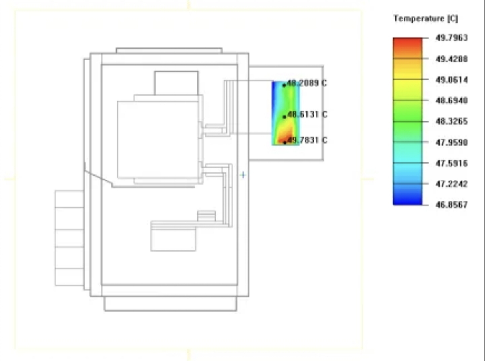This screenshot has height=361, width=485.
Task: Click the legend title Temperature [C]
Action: (426, 19)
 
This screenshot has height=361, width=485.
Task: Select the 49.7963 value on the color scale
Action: (452, 38)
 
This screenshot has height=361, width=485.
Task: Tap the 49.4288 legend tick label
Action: (452, 59)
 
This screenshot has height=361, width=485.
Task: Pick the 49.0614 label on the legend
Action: (452, 80)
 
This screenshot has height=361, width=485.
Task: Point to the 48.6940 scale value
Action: (452, 101)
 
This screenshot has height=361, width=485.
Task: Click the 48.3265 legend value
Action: (452, 121)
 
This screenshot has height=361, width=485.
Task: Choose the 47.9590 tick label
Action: (452, 142)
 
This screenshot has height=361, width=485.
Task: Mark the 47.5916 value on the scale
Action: (452, 163)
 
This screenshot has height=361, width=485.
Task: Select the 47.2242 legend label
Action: (452, 184)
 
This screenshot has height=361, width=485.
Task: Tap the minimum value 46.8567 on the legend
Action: (452, 205)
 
